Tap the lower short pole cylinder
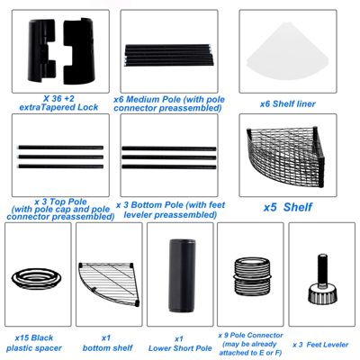[182, 275]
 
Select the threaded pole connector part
[252, 276]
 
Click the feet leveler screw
[322, 281]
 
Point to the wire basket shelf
[285, 157]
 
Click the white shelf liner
[287, 52]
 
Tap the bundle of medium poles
[169, 55]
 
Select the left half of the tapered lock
[41, 50]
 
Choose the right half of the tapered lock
[79, 50]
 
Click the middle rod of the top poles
[61, 157]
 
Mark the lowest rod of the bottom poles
[169, 166]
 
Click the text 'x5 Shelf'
[288, 207]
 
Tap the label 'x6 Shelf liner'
[288, 104]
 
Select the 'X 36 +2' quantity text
[58, 98]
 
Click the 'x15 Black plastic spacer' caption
[34, 343]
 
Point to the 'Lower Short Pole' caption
[180, 348]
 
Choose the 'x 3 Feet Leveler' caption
[320, 345]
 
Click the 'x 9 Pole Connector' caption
[250, 335]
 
